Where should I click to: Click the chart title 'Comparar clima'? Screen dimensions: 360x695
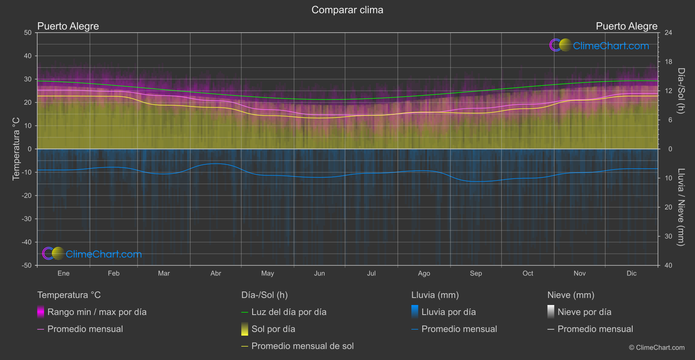point(347,10)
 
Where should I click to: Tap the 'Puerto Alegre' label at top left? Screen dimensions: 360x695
point(68,26)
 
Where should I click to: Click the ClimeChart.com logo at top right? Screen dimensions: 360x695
point(599,45)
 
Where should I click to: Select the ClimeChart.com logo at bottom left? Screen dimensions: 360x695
point(92,254)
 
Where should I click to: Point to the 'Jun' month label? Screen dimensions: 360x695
point(319,273)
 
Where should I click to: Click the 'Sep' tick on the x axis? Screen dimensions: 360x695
point(476,273)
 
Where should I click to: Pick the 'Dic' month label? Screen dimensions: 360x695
point(631,273)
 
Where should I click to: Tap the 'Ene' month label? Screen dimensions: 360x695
point(64,273)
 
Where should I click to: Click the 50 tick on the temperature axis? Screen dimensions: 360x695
point(28,33)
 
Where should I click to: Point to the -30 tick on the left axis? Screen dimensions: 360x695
point(27,219)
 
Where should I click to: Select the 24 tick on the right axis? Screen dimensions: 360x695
point(668,33)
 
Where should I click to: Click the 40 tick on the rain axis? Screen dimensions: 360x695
point(668,265)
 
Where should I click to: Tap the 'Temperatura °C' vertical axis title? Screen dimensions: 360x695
point(16,148)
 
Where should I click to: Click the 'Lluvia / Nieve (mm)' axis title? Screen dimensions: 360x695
point(681,207)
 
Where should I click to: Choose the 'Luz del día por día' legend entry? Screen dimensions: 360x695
point(289,312)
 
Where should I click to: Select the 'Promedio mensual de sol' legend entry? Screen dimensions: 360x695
point(302,346)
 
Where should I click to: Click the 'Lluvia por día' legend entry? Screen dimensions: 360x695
point(448,312)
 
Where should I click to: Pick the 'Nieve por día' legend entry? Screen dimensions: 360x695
point(584,312)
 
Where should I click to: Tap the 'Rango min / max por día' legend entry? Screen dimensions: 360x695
point(97,312)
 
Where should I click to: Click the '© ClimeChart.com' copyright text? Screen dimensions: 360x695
point(657,348)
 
